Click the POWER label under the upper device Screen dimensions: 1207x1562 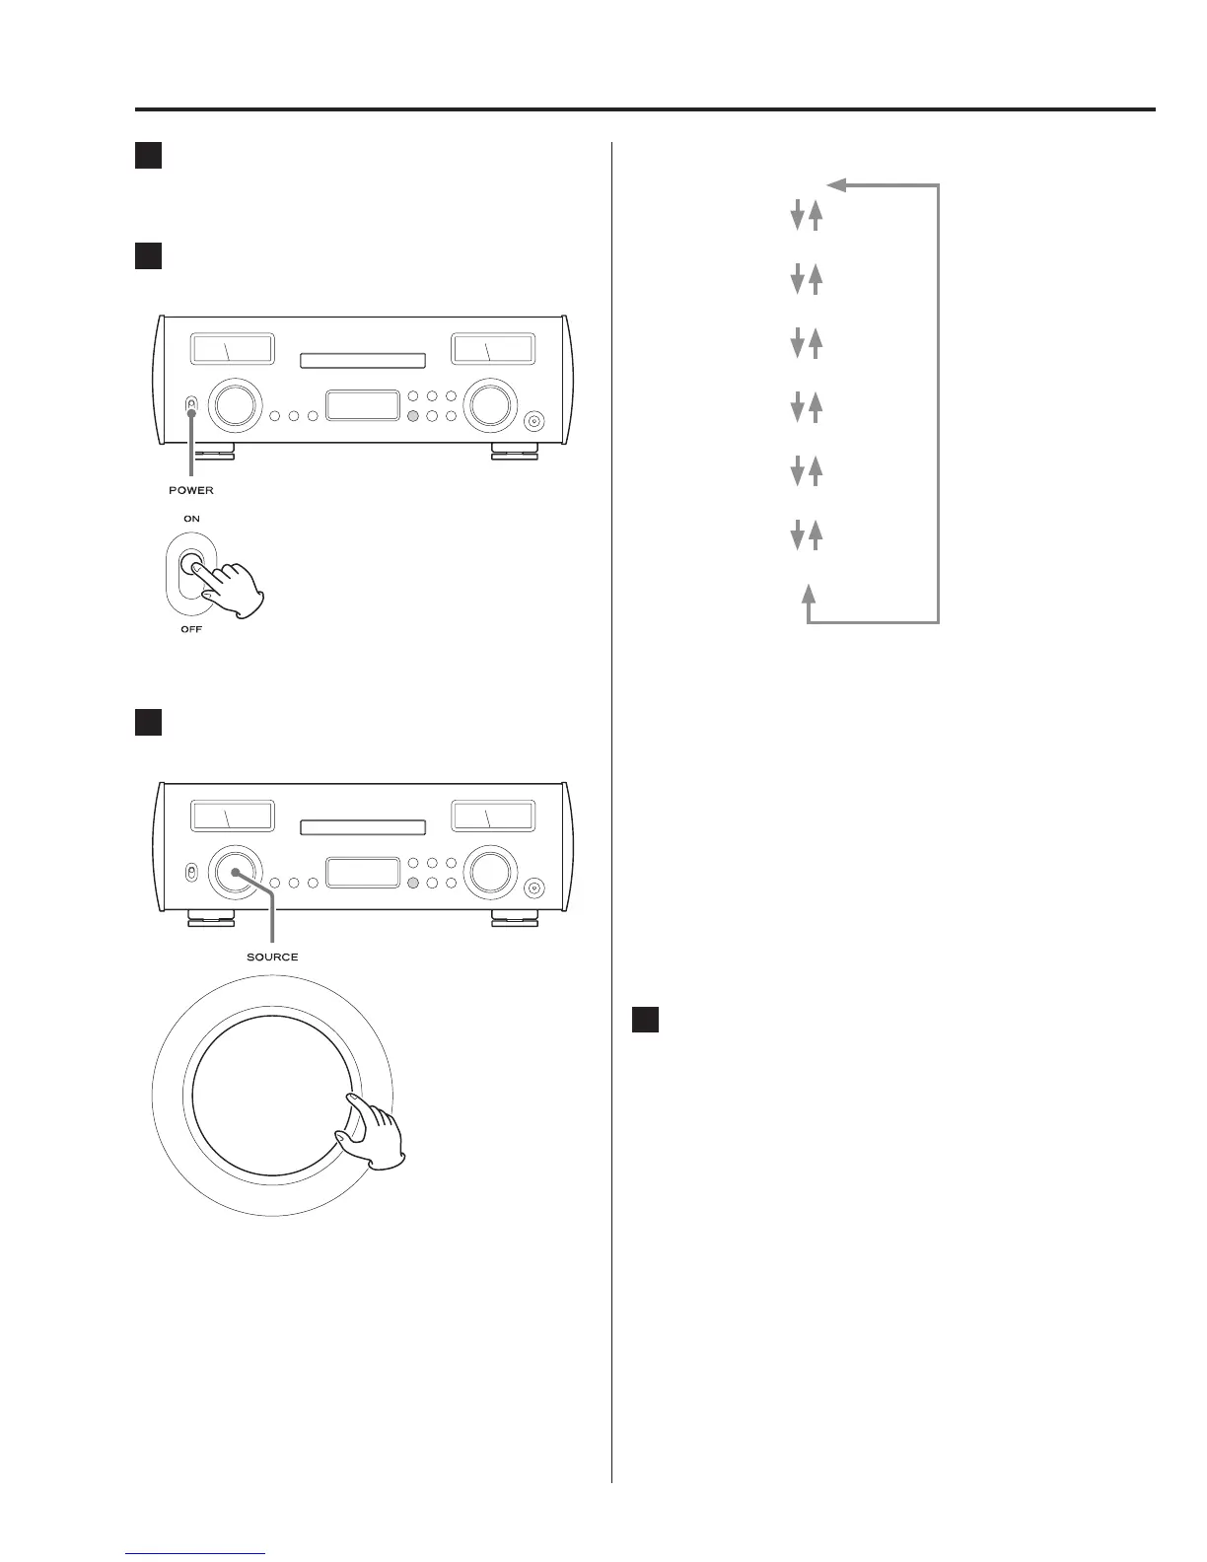pos(190,490)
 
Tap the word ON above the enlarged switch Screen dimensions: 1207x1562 pos(191,519)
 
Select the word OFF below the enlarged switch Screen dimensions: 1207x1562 pos(191,629)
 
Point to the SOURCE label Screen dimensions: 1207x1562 pos(272,957)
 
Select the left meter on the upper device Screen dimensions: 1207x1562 pos(233,349)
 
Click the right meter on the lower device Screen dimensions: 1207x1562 pos(493,816)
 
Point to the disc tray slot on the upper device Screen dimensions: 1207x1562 pos(363,361)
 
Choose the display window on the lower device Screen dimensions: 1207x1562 pos(363,873)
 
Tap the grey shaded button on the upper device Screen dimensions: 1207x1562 pos(413,416)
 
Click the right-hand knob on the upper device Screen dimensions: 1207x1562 pos(491,405)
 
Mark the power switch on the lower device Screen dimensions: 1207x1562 pos(191,873)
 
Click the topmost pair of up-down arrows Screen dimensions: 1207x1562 pos(806,217)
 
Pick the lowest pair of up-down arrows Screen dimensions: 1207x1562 pos(806,535)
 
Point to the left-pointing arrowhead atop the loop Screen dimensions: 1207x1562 pos(836,184)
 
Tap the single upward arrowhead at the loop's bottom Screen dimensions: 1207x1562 pos(809,593)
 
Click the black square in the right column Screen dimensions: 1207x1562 pos(645,1020)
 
